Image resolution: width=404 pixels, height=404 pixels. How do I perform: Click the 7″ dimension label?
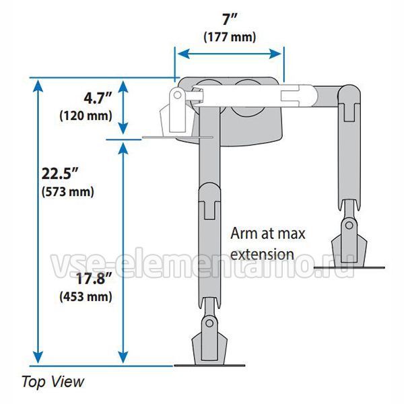point(230,19)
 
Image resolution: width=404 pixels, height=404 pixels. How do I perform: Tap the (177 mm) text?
point(230,37)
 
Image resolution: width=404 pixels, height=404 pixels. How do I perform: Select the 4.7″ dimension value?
point(98,98)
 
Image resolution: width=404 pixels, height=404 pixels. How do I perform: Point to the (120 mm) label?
point(86,116)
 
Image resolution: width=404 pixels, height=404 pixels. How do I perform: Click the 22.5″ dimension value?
point(60,174)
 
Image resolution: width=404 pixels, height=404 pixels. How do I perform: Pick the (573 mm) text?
point(68,192)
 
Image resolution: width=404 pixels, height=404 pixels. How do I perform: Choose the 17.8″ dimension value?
point(94,279)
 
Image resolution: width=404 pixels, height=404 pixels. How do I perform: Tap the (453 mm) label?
point(86,296)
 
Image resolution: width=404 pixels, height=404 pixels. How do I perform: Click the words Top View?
point(53,382)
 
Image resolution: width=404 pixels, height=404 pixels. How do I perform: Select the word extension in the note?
point(263,255)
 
